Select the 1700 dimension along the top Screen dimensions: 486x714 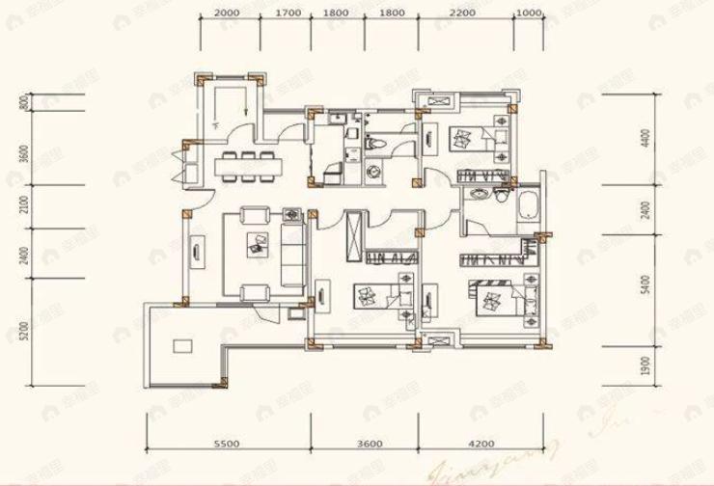[x=288, y=13]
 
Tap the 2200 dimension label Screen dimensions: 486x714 [x=462, y=13]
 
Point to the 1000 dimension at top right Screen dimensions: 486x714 [x=527, y=13]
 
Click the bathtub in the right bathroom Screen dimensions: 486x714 [x=529, y=205]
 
